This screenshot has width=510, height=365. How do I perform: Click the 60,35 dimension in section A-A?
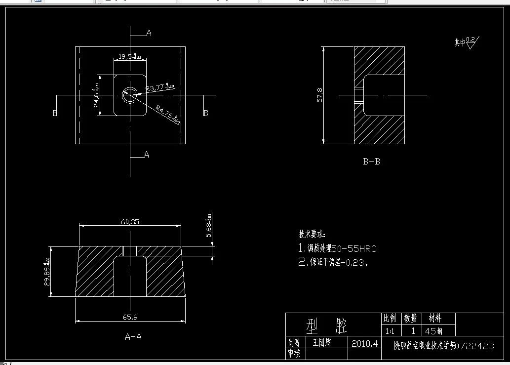pos(129,222)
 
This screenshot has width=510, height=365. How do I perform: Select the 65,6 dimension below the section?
pos(131,317)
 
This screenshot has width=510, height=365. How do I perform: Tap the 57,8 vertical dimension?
pos(320,95)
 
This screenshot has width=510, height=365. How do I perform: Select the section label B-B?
pos(371,161)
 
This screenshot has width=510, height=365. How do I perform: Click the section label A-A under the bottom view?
pos(133,337)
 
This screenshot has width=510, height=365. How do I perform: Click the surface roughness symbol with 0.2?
pos(471,42)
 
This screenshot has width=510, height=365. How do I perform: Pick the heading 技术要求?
pos(312,234)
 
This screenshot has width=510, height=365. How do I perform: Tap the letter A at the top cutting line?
pos(148,33)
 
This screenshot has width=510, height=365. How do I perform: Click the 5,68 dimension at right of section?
pos(209,228)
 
